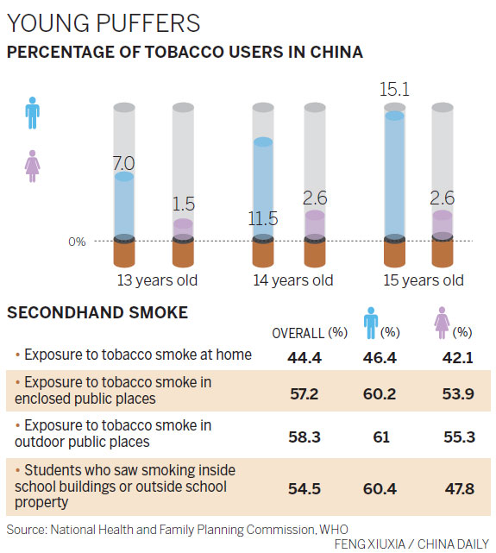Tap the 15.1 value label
pyautogui.click(x=394, y=89)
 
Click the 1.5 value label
pyautogui.click(x=182, y=204)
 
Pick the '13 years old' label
pyautogui.click(x=157, y=280)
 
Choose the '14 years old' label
pyautogui.click(x=292, y=280)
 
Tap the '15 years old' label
pyautogui.click(x=424, y=280)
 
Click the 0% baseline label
pyautogui.click(x=78, y=242)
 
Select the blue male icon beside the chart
pyautogui.click(x=32, y=111)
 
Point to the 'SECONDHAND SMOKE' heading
pyautogui.click(x=97, y=313)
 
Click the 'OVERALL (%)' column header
pyautogui.click(x=310, y=333)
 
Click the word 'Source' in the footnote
pyautogui.click(x=26, y=527)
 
